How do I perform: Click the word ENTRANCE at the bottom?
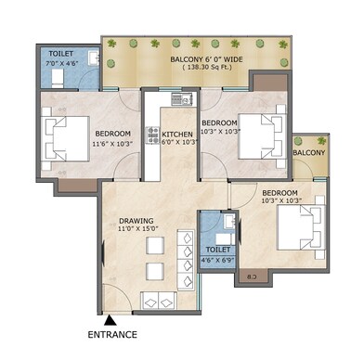[111, 335]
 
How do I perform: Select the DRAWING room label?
[136, 222]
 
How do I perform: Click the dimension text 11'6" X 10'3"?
[113, 144]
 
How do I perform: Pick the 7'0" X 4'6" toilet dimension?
[64, 65]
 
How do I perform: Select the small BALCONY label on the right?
[308, 151]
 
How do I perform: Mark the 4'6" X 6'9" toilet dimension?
[219, 262]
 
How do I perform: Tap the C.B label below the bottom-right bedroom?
[253, 277]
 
